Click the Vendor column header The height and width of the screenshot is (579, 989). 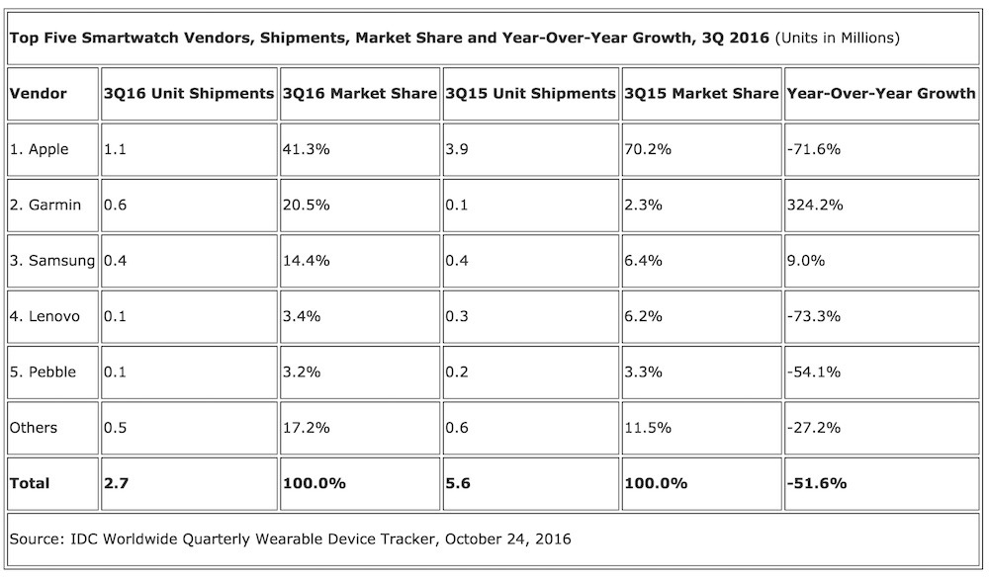pyautogui.click(x=38, y=94)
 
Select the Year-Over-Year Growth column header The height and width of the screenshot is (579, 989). pyautogui.click(x=880, y=94)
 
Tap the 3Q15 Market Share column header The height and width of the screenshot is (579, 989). pyautogui.click(x=701, y=94)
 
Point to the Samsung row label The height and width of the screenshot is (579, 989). pyautogui.click(x=51, y=261)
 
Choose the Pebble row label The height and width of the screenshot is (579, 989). pyautogui.click(x=43, y=372)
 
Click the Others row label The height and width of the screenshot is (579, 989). pyautogui.click(x=34, y=428)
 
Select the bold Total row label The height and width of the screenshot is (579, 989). pyautogui.click(x=30, y=484)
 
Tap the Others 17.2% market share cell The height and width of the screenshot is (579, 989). pyautogui.click(x=306, y=428)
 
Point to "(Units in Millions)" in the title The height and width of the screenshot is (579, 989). pyautogui.click(x=835, y=39)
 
